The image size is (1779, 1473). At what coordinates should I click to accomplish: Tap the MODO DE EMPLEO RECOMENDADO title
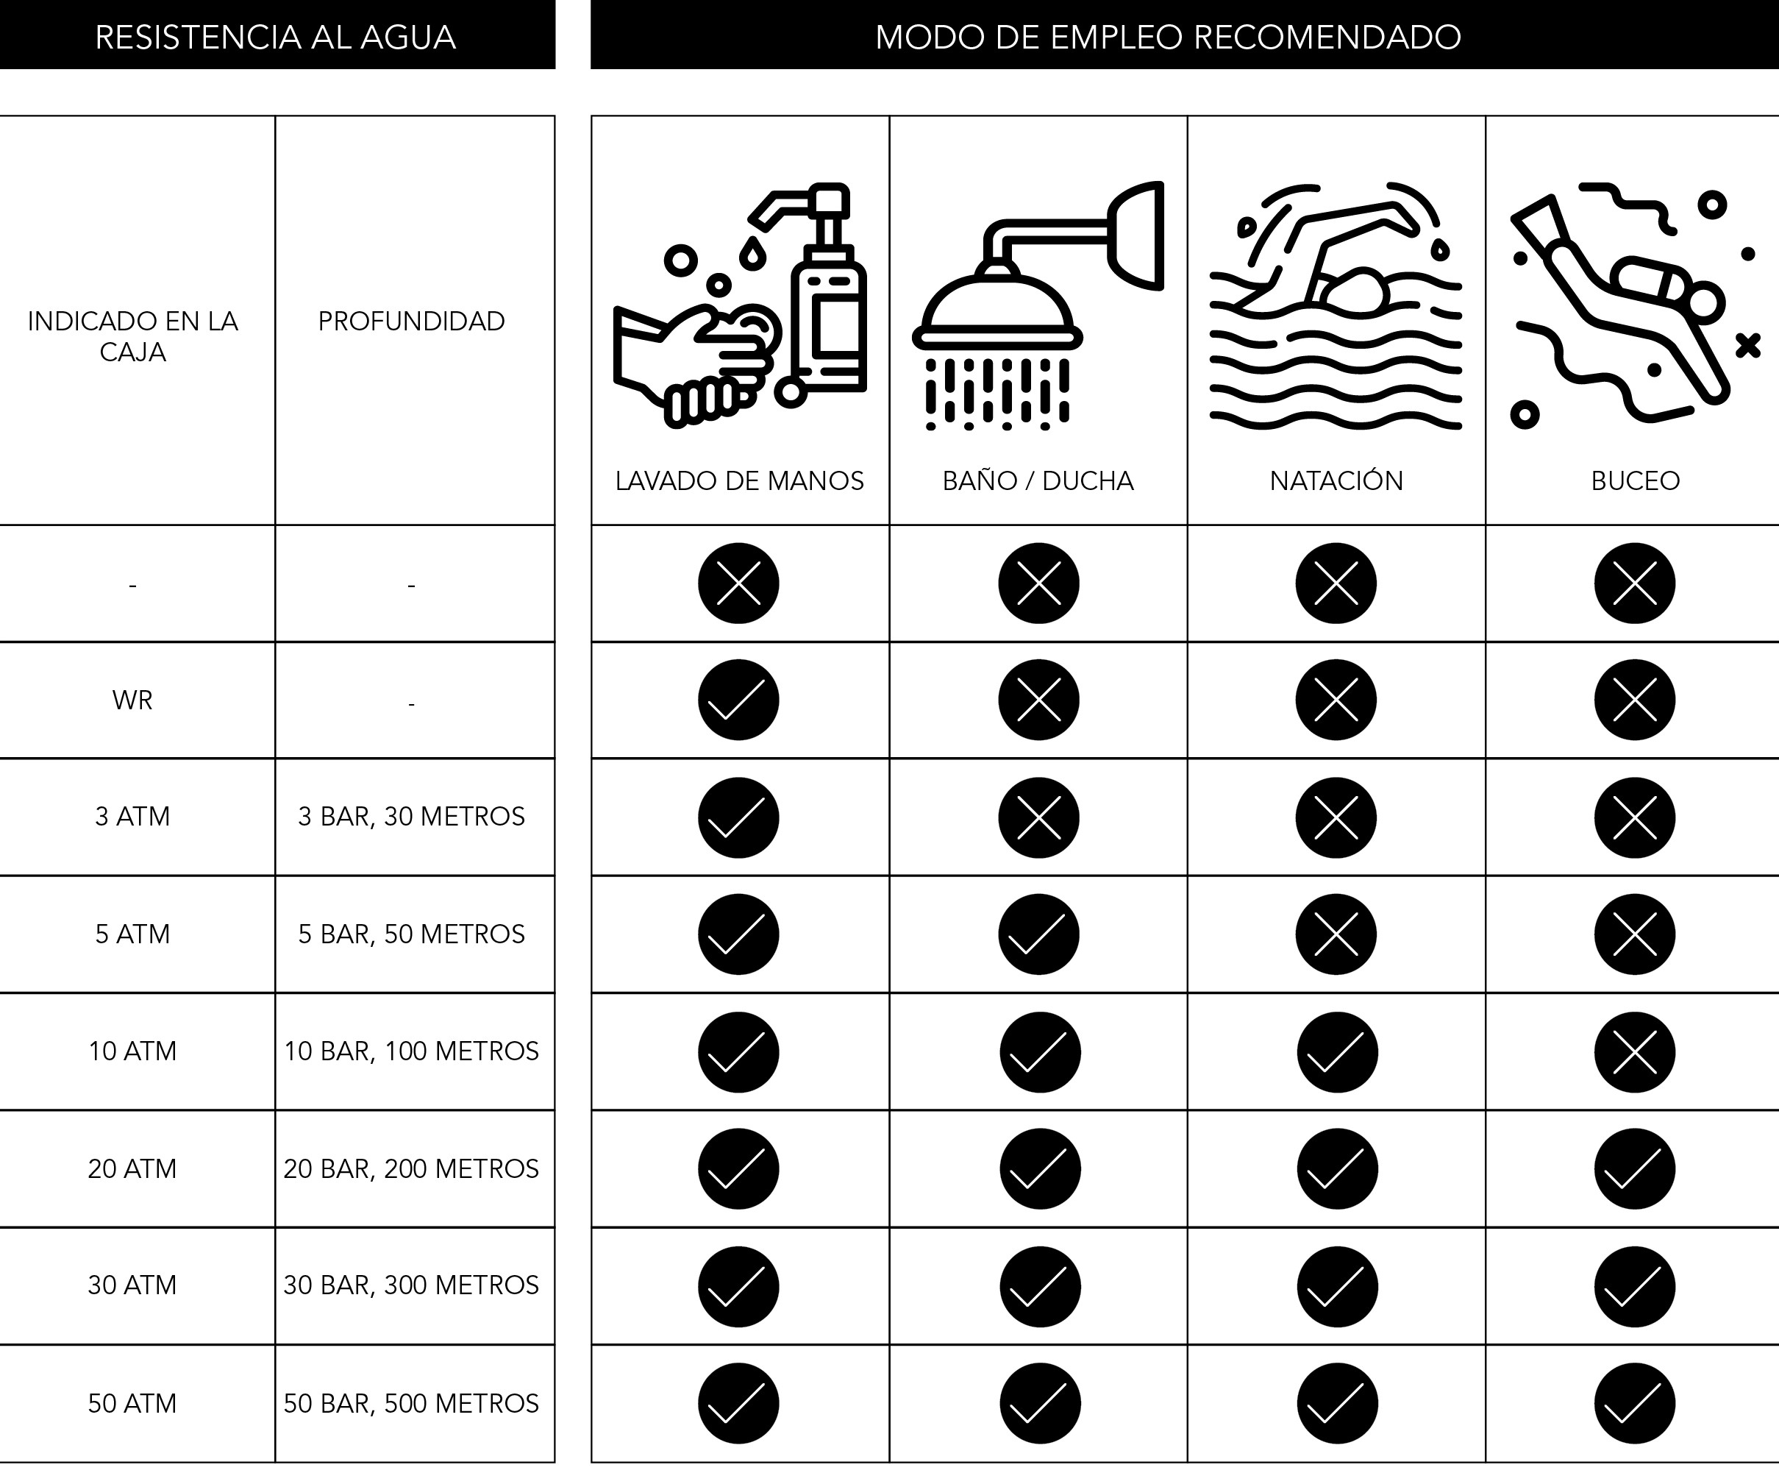point(1168,38)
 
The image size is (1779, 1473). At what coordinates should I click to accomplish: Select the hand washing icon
point(740,305)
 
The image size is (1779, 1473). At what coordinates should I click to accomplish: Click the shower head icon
point(1038,305)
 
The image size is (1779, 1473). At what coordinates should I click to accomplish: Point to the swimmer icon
point(1336,305)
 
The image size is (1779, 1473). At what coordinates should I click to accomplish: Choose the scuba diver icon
point(1635,305)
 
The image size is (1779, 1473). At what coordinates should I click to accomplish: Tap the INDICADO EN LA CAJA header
point(133,336)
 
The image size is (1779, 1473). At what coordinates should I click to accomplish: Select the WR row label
point(133,700)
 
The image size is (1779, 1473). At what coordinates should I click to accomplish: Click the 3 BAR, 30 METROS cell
point(412,816)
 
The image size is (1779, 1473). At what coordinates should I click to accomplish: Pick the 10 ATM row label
point(133,1051)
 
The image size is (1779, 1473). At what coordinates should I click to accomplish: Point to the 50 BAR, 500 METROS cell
point(412,1404)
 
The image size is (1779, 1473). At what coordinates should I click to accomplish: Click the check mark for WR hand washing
point(738,700)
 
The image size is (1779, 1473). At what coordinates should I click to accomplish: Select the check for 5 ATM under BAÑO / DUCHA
point(1038,934)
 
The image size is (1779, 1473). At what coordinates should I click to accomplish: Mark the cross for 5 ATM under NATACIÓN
point(1336,934)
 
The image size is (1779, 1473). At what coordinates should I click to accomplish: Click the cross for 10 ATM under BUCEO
point(1635,1052)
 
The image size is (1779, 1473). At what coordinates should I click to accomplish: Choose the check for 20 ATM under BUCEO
point(1635,1168)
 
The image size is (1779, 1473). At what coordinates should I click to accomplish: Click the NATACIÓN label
point(1336,480)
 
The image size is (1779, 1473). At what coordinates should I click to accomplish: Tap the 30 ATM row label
point(133,1285)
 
